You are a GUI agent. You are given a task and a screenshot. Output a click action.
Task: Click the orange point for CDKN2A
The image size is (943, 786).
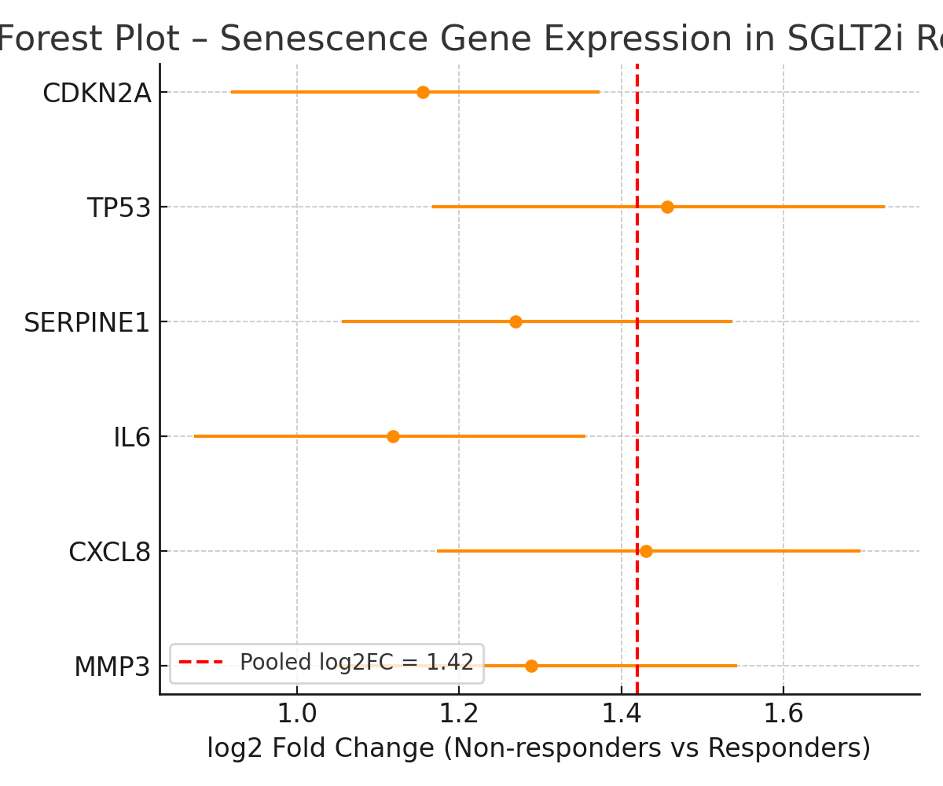423,92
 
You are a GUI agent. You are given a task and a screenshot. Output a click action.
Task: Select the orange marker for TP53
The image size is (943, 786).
667,207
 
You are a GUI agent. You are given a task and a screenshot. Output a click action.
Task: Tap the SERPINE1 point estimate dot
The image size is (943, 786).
516,321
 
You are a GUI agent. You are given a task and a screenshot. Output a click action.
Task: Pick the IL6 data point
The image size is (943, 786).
393,436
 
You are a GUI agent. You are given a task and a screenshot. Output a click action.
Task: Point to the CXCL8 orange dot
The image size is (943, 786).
646,551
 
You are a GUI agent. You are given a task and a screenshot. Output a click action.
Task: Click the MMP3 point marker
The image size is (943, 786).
531,666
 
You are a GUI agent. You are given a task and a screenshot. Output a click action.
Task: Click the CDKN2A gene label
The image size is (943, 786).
96,94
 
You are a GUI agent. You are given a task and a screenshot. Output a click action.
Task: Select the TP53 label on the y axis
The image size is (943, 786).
118,208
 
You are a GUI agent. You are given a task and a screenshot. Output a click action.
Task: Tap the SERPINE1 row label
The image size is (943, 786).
86,323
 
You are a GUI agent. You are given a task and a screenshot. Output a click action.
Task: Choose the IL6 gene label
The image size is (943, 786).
131,438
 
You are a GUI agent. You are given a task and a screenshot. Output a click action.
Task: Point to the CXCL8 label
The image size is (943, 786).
109,553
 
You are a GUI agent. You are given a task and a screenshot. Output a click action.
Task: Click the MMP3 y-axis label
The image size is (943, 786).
112,667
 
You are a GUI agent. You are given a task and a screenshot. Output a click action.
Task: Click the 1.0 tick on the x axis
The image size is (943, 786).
297,715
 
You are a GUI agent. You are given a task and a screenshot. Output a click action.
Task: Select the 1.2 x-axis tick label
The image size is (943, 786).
459,715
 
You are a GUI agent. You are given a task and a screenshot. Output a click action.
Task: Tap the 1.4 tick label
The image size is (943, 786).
621,715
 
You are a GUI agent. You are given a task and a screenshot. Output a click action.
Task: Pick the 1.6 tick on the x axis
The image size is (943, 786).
783,715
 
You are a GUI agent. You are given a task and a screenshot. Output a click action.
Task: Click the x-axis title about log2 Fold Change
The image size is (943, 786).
539,748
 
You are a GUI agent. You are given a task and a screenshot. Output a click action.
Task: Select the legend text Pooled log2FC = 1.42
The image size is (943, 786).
357,663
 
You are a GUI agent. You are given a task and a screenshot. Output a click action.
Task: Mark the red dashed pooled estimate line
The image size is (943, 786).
637,377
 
